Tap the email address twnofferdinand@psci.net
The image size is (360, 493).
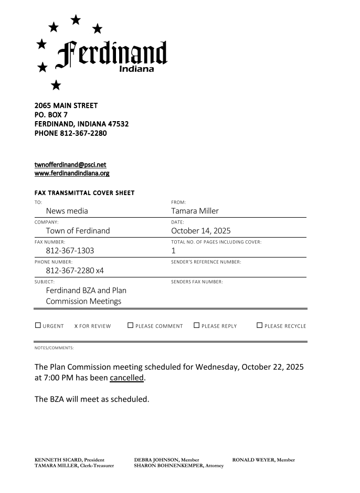(x=70, y=165)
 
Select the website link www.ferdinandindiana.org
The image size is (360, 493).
(x=72, y=173)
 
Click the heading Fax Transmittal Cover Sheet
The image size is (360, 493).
(x=84, y=193)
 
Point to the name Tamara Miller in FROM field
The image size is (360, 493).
(x=195, y=211)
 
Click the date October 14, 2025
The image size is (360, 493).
(x=200, y=231)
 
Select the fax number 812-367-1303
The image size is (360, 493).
(x=70, y=251)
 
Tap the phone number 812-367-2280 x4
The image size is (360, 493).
(x=75, y=271)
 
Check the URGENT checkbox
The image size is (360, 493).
(x=38, y=325)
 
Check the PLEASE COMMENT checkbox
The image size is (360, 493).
(x=130, y=325)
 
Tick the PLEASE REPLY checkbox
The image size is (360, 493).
(x=196, y=325)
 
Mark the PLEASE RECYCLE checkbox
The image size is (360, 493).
(x=259, y=325)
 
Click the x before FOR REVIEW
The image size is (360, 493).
(x=76, y=326)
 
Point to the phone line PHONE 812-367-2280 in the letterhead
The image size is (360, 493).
(x=70, y=133)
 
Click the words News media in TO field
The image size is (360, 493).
(x=67, y=211)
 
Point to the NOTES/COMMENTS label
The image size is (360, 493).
(x=54, y=348)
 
